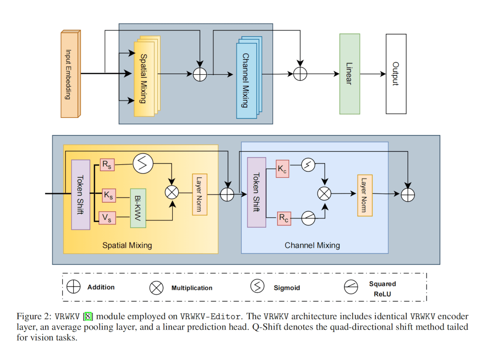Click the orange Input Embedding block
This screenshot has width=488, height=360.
[x=70, y=74]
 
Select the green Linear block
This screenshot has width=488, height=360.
[x=349, y=74]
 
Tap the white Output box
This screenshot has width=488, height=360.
[x=396, y=74]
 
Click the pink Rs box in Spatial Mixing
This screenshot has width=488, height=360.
[x=107, y=164]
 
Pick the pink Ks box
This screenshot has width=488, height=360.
[x=108, y=195]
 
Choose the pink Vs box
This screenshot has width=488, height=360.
[x=107, y=218]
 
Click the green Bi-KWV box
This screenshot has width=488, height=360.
[x=138, y=208]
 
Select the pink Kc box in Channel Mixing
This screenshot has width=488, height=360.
[x=282, y=169]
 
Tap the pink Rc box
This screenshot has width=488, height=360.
[x=284, y=218]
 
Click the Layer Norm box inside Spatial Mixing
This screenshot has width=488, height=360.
[x=199, y=194]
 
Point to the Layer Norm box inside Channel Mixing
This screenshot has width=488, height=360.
[x=364, y=195]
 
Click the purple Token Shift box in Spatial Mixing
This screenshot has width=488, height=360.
[x=80, y=194]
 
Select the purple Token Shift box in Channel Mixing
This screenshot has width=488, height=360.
[x=256, y=192]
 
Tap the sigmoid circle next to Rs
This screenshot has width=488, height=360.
[x=143, y=163]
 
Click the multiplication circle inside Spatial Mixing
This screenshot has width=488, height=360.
[x=172, y=193]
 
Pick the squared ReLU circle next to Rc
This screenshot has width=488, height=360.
[x=308, y=218]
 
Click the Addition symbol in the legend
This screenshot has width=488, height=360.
[x=73, y=286]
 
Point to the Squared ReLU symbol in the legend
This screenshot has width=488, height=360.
[x=351, y=287]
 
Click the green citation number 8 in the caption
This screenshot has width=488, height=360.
[x=88, y=316]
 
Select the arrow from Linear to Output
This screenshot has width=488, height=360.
[x=373, y=74]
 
